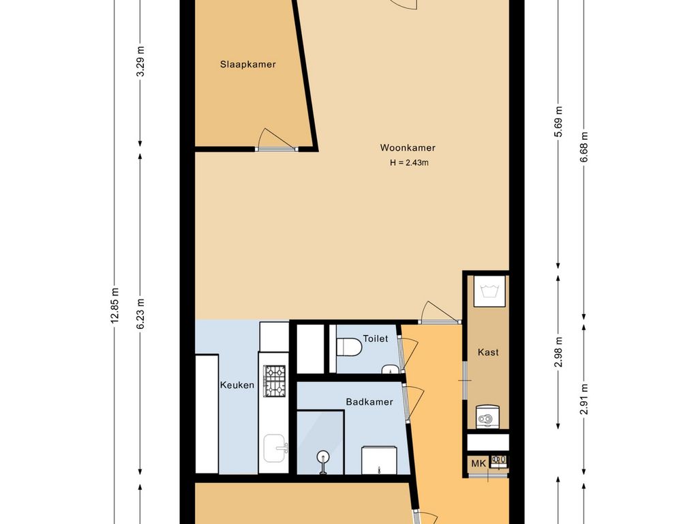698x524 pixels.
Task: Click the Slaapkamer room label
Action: [248, 64]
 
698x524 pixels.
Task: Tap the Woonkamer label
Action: [408, 147]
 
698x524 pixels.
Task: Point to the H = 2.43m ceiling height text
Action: [409, 162]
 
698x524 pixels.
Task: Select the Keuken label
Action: [237, 385]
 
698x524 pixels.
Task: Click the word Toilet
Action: [376, 338]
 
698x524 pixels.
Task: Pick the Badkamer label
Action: [369, 402]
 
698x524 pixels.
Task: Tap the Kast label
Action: [488, 352]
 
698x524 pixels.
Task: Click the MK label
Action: [479, 463]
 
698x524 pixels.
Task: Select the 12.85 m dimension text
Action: [115, 305]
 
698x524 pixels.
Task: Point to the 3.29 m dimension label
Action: [140, 61]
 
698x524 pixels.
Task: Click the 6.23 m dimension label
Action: [140, 314]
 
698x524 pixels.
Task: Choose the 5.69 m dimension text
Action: [559, 121]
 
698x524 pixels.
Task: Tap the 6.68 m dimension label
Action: [584, 147]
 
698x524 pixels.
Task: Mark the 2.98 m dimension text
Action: [559, 352]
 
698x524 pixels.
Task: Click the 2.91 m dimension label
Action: [584, 399]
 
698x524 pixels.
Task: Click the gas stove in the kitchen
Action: [275, 381]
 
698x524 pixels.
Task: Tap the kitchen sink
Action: [275, 448]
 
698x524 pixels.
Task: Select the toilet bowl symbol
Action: [349, 347]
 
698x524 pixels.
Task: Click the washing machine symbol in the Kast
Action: [489, 291]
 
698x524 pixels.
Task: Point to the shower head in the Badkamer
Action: [322, 457]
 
